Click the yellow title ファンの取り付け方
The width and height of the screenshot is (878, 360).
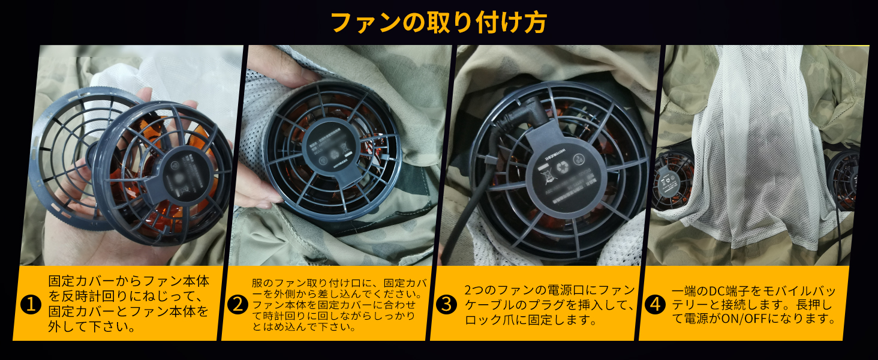(438, 22)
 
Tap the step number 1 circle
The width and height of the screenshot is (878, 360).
(29, 305)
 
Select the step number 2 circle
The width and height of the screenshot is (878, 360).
(237, 305)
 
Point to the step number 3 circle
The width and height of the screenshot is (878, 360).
(446, 305)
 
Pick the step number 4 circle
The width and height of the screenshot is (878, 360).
(654, 305)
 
